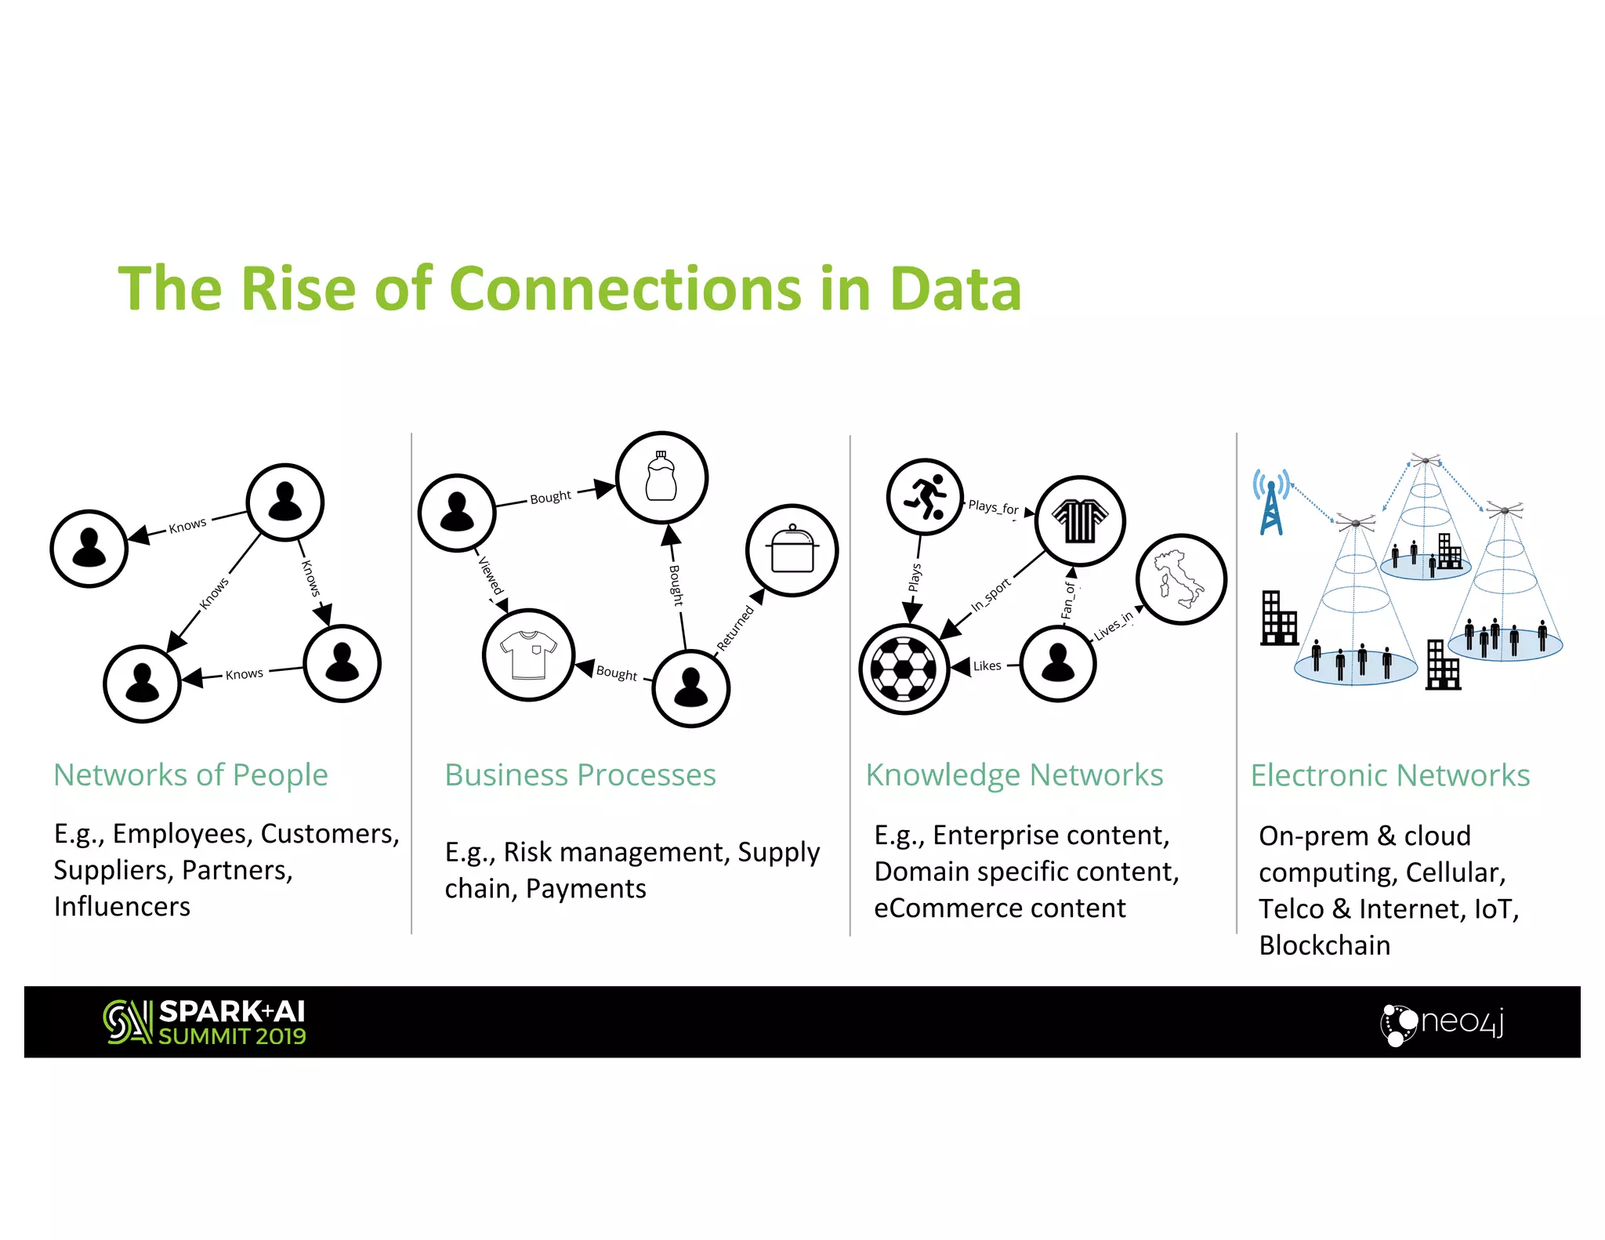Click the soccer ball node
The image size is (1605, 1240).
[904, 669]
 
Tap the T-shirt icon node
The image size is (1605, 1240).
[529, 654]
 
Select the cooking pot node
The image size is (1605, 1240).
[792, 550]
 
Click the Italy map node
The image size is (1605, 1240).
[1180, 579]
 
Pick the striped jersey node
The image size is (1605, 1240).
[1080, 520]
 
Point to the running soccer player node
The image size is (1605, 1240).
[925, 497]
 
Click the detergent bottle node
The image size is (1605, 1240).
[661, 477]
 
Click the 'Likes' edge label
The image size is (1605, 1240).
[987, 666]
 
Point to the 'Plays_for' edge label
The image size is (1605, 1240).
[993, 507]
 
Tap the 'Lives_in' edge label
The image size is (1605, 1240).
[1113, 625]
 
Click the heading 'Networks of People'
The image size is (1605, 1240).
[190, 774]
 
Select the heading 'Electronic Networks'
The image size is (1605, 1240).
[1389, 775]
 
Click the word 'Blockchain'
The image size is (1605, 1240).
[1324, 945]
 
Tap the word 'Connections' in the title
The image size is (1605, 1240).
[626, 288]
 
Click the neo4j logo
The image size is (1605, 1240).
[1441, 1023]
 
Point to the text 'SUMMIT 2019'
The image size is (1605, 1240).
[232, 1036]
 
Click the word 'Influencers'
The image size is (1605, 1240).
[122, 907]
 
